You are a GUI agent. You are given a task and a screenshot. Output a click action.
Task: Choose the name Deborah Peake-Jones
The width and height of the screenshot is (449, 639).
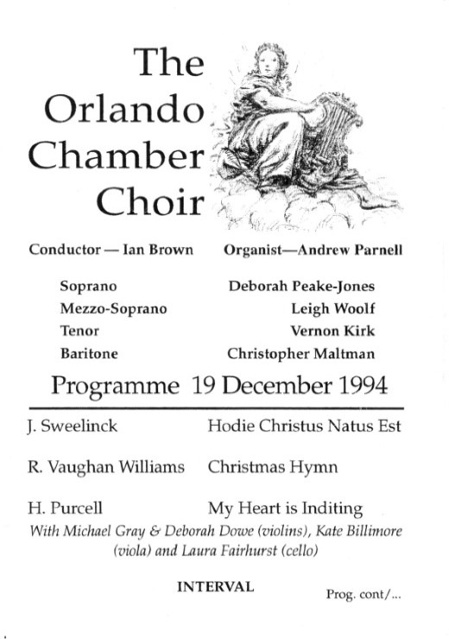coord(301,286)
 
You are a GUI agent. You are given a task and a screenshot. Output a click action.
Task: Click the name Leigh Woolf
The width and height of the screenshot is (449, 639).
coord(333,308)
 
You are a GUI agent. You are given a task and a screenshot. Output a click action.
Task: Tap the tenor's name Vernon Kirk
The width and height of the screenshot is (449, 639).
coord(333,331)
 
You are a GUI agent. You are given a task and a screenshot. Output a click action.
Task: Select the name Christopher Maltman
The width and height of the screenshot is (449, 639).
coord(301,353)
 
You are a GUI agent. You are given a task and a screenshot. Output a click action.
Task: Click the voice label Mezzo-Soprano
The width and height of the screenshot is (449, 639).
coord(114,308)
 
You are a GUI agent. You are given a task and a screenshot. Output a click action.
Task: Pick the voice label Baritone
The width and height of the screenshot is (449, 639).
coord(89,353)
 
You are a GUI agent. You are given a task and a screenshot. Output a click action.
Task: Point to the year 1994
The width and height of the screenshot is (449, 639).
coord(363,384)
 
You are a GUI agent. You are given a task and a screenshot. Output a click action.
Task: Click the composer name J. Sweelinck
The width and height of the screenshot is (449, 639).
coord(72,426)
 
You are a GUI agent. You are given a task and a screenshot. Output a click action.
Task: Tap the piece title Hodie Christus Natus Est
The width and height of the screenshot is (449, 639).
coord(304,426)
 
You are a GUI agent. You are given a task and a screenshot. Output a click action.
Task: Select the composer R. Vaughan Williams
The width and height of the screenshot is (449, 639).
coord(106,467)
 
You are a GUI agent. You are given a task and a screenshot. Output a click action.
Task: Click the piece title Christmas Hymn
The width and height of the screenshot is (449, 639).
coord(272,467)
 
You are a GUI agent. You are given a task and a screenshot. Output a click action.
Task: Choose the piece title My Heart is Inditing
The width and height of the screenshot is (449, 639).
coord(285,509)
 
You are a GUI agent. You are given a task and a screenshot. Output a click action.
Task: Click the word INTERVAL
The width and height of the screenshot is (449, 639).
coord(215,586)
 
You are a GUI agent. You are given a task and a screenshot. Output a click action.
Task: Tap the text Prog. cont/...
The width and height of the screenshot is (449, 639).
coord(364,595)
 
